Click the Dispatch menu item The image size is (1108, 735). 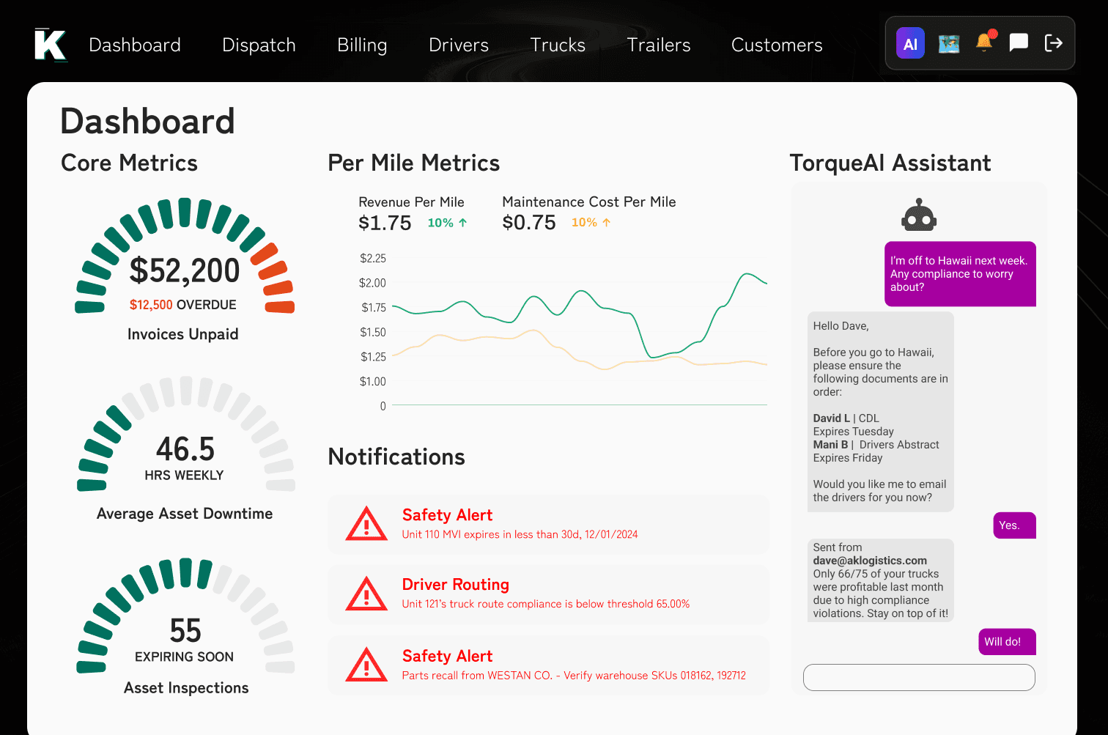(x=259, y=45)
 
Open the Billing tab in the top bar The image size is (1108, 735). (x=362, y=45)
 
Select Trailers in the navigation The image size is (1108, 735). (x=658, y=45)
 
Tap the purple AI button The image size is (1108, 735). (x=910, y=44)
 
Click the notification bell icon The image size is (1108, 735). (x=984, y=43)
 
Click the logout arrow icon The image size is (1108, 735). (x=1053, y=43)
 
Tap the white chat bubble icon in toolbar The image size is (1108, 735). (x=1019, y=43)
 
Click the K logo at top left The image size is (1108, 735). (x=51, y=45)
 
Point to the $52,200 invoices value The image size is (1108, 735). (x=185, y=270)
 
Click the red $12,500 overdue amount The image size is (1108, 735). (x=151, y=305)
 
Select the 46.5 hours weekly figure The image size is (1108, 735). (x=185, y=448)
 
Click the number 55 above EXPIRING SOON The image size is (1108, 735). (x=185, y=630)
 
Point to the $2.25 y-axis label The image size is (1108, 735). (x=372, y=258)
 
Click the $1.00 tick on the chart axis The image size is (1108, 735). (x=372, y=381)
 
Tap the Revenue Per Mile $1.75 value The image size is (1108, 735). (x=385, y=223)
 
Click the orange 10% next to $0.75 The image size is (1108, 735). (x=584, y=223)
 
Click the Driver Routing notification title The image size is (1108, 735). (x=455, y=585)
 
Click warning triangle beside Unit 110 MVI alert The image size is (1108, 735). (x=366, y=524)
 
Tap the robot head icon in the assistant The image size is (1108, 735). (x=919, y=215)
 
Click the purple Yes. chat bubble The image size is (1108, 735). (x=1013, y=525)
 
